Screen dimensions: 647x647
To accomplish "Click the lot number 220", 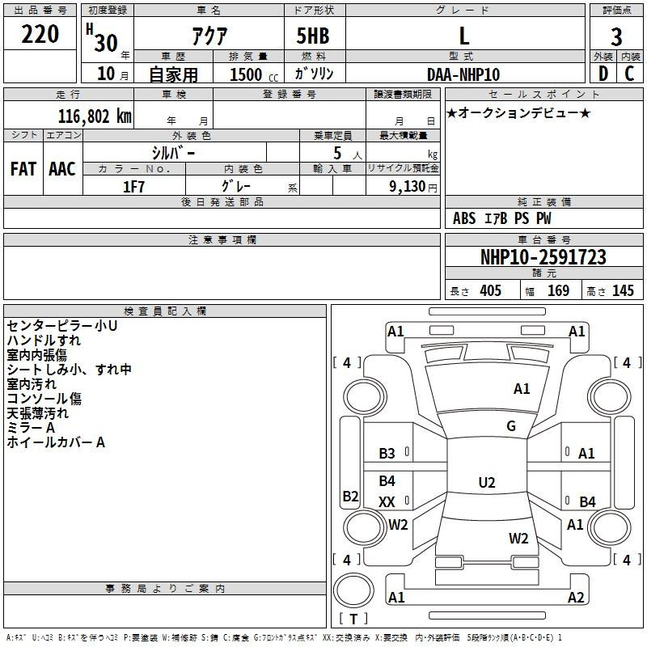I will click(x=40, y=34).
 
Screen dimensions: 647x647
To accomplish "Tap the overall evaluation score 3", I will click(x=616, y=37).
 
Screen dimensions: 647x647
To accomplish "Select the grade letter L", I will click(x=463, y=36).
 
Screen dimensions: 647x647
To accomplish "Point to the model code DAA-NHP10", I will click(x=463, y=74).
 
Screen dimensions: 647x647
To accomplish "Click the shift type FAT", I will click(x=23, y=168).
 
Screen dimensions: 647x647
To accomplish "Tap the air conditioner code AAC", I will click(x=62, y=168).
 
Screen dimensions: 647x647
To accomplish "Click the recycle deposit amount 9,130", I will click(x=408, y=186).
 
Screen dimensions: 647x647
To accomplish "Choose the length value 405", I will click(x=489, y=291).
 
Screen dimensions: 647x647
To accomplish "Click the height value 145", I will click(x=623, y=291).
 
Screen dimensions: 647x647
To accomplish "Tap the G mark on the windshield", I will click(x=511, y=426).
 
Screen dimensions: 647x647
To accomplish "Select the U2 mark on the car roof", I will click(x=486, y=482).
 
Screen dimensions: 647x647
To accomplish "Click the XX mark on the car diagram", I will click(x=387, y=502).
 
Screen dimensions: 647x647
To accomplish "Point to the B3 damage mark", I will click(x=387, y=454).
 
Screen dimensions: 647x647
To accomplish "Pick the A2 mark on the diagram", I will click(x=576, y=598).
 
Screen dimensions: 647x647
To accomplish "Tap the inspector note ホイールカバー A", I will click(x=56, y=442).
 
